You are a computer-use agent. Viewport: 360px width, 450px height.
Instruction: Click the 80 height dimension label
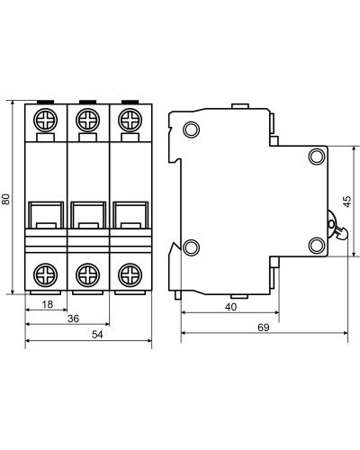[x=6, y=199]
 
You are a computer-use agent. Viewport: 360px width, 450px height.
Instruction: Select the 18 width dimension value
[x=47, y=304]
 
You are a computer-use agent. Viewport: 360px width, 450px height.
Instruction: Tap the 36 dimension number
[x=73, y=319]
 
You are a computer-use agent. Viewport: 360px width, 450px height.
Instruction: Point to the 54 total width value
[x=97, y=335]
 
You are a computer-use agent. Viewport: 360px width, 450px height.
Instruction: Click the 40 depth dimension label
[x=230, y=307]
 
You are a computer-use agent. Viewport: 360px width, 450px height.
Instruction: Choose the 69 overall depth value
[x=264, y=328]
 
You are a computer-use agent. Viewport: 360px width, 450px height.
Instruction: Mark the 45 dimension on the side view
[x=347, y=202]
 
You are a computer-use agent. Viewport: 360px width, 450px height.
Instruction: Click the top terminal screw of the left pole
[x=46, y=120]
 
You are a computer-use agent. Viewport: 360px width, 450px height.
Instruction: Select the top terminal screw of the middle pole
[x=88, y=120]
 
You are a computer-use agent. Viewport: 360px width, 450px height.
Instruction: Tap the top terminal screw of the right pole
[x=130, y=120]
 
